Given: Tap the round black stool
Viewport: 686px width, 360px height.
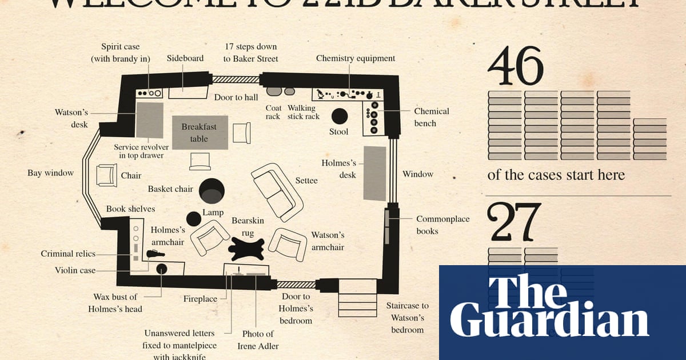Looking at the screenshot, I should (339, 116).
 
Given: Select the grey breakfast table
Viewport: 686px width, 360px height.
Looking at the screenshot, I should (200, 133).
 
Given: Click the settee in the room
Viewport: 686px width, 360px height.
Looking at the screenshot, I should (277, 191).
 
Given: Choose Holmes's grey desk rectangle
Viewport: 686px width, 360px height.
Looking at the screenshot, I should (375, 173).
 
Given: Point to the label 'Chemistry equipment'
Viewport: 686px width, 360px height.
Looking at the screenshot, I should (355, 58).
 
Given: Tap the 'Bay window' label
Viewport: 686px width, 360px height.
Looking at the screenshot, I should (50, 173).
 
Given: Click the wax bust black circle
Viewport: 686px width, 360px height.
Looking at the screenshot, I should (162, 268).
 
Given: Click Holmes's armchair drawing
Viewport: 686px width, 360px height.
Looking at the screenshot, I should (210, 238).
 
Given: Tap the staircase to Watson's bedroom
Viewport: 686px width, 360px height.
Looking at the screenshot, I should (357, 297).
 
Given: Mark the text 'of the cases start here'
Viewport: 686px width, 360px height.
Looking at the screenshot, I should (556, 175).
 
